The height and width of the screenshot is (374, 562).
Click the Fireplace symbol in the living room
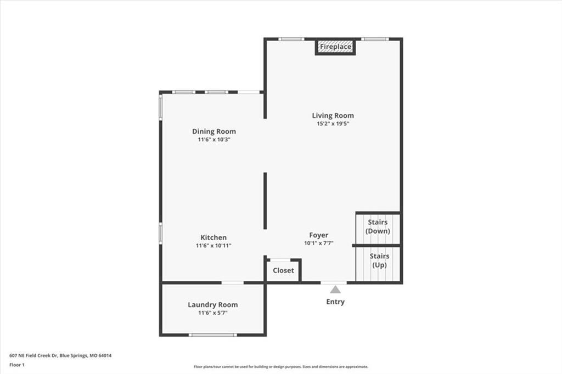coord(335,47)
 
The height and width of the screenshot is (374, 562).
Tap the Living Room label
coord(333,115)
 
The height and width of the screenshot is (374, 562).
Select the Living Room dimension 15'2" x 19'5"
coord(333,123)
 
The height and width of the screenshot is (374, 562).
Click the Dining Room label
coord(214,132)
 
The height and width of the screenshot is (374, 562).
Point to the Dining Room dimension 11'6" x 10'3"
coord(214,139)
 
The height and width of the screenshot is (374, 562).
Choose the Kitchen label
coord(213,237)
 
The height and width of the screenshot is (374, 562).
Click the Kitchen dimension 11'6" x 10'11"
coord(213,245)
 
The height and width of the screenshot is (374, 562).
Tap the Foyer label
coord(319,235)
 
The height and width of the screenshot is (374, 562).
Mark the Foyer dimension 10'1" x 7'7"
coord(319,243)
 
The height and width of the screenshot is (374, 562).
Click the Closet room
coord(283,270)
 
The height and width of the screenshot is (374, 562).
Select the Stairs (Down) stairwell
coord(378,229)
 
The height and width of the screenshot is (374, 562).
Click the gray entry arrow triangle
coord(335,290)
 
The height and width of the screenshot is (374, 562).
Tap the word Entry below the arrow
coord(335,302)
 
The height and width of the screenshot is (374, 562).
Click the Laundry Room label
coord(213,305)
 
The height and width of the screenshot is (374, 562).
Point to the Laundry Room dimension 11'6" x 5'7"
coord(213,313)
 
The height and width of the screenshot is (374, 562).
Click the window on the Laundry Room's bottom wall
coord(213,335)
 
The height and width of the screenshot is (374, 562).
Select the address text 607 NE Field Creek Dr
coord(33,356)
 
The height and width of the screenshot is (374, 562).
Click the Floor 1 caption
coord(17,365)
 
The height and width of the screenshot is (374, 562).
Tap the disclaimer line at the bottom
coord(281,366)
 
